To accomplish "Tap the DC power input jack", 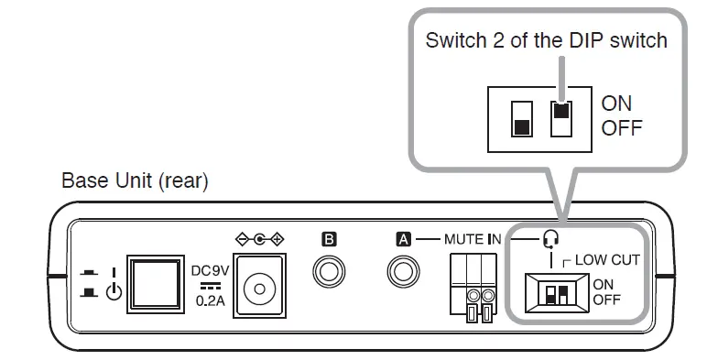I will pos(259,289).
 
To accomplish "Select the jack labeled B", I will pos(330,273).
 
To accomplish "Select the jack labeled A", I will pos(402,273).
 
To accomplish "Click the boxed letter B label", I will pos(330,240).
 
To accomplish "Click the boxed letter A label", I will pos(402,240).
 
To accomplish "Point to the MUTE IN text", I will pos(473,240).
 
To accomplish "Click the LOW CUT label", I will pos(607,260).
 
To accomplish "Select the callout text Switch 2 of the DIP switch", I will pos(546,41).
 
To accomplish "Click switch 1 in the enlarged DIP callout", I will pos(522,117).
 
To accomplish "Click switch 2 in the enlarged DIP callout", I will pos(561,117).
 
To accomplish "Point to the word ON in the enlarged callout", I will pos(616,104).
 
